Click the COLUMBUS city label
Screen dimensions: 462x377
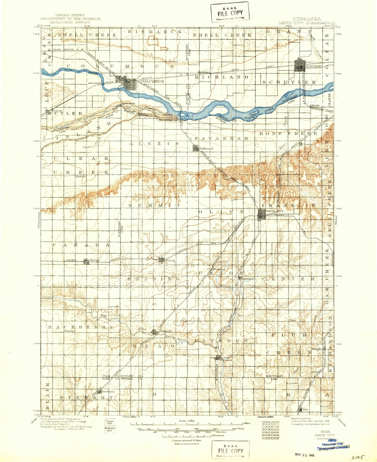pyautogui.click(x=152, y=81)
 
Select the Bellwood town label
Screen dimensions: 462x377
pyautogui.click(x=206, y=148)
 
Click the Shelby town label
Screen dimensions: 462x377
pyautogui.click(x=94, y=260)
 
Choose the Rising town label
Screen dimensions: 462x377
pyautogui.click(x=170, y=260)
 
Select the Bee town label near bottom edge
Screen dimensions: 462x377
pyautogui.click(x=305, y=410)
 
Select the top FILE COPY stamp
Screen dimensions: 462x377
pyautogui.click(x=230, y=13)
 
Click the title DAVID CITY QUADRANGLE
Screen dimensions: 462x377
pyautogui.click(x=306, y=23)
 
